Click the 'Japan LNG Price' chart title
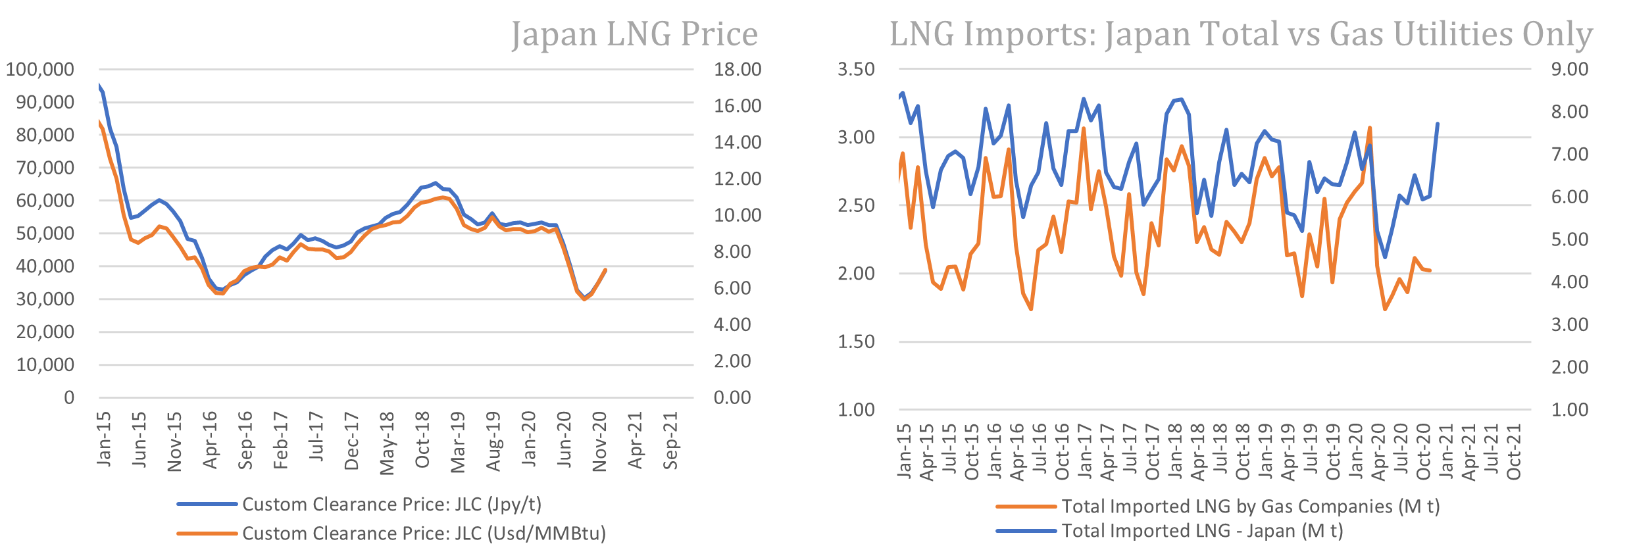634,33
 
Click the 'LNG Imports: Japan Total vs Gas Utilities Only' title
1241,33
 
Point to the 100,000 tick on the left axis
40,69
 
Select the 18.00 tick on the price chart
738,69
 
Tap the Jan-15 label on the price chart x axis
104,439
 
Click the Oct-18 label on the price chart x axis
422,439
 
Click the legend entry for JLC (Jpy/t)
391,505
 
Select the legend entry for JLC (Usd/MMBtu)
424,533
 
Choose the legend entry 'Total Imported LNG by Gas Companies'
1250,507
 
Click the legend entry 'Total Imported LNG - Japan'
1202,531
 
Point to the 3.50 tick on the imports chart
856,69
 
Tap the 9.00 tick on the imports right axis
1570,69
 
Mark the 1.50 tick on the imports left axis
856,341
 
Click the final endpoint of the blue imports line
1438,124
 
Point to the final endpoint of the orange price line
605,270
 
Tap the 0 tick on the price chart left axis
69,397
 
